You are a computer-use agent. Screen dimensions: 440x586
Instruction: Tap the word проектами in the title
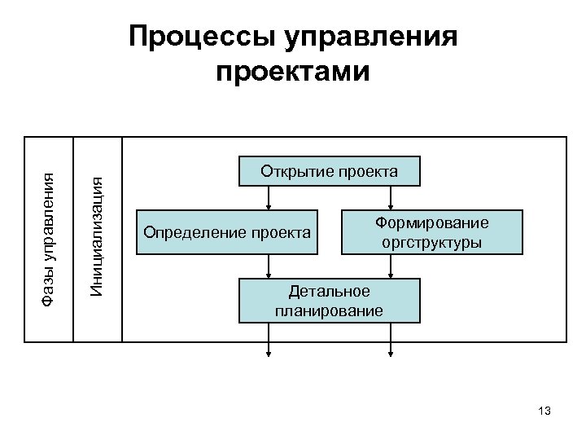coord(293,72)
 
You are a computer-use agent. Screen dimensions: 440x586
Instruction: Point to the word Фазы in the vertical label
coord(49,287)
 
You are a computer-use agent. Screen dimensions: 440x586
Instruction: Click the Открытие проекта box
coord(329,171)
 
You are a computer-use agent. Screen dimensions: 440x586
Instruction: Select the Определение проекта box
coord(227,233)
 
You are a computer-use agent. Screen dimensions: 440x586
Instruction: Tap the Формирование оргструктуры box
coord(431,232)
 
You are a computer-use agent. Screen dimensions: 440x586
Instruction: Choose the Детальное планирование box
coord(329,301)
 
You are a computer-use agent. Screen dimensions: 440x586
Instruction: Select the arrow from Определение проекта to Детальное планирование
coord(269,266)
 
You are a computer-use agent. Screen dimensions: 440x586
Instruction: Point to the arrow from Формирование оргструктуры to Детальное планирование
coord(391,266)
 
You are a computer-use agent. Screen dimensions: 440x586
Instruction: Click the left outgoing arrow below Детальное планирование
coord(269,341)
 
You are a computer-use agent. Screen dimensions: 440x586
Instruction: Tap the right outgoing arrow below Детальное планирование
coord(391,341)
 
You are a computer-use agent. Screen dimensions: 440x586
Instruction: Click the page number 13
coord(544,411)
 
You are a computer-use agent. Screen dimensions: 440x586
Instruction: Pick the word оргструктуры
coord(431,242)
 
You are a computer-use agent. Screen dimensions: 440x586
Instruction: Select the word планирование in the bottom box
coord(329,310)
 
